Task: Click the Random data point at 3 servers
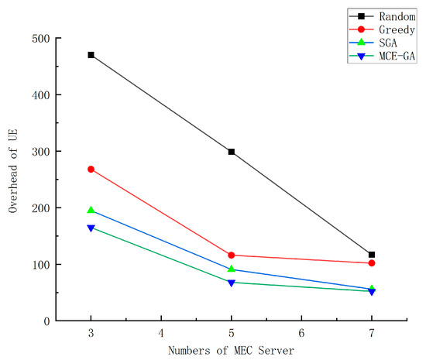[x=91, y=55]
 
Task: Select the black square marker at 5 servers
[x=232, y=152]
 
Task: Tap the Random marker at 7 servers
[x=372, y=255]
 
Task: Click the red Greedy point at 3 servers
[x=91, y=169]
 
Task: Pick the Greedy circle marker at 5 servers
[x=232, y=255]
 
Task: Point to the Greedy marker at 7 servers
[x=372, y=263]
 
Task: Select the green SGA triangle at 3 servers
[x=91, y=210]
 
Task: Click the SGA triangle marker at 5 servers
[x=232, y=269]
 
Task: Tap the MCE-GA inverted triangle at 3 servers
[x=91, y=228]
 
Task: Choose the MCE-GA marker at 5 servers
[x=232, y=283]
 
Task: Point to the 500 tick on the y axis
[x=42, y=39]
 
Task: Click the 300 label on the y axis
[x=42, y=152]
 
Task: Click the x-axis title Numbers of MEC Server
[x=232, y=351]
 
